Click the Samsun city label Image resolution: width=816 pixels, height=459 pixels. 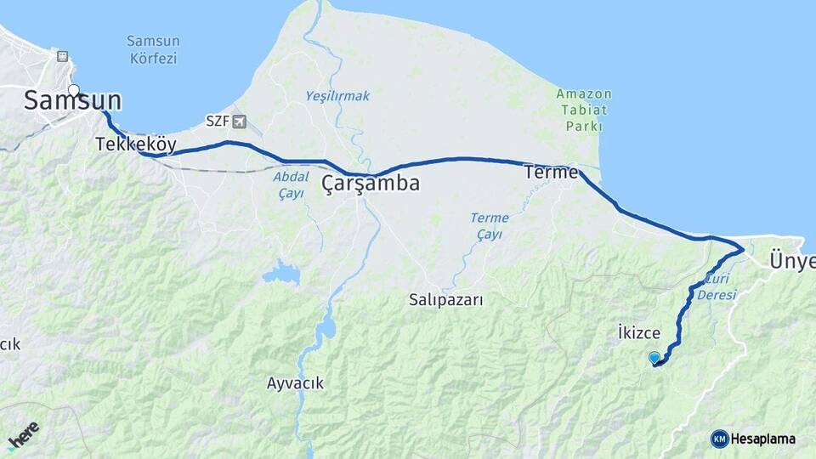(72, 101)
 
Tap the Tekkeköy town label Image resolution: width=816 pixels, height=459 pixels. (136, 144)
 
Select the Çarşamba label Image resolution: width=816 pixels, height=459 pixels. (371, 183)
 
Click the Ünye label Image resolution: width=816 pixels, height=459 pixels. (791, 260)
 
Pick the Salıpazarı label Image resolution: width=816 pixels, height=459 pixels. (445, 299)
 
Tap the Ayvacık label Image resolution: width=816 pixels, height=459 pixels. (295, 383)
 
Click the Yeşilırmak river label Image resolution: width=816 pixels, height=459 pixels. (337, 96)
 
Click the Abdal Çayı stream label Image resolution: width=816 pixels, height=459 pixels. (291, 185)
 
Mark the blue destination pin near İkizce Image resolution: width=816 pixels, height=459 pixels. (654, 359)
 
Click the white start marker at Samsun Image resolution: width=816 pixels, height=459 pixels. (74, 89)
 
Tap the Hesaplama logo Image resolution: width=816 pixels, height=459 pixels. (753, 439)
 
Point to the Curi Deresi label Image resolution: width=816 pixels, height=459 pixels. (717, 288)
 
